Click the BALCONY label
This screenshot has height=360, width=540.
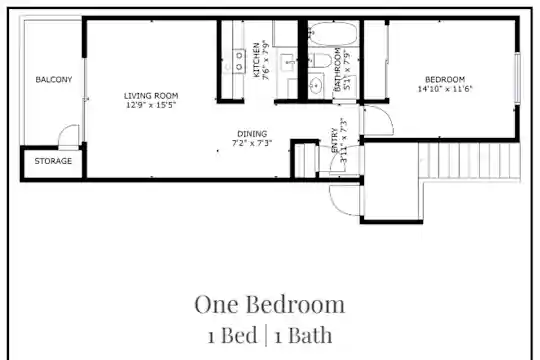(x=54, y=80)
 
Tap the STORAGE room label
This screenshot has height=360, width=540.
(x=53, y=161)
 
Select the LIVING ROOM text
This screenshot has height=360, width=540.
(x=151, y=96)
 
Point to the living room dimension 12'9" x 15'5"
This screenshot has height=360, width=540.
(x=151, y=105)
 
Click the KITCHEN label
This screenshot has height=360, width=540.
(x=257, y=60)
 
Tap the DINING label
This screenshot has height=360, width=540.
(x=252, y=134)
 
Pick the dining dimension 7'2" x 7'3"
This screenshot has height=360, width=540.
(x=252, y=143)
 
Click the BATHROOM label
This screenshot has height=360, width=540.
(x=338, y=69)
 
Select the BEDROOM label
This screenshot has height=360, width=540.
(x=445, y=80)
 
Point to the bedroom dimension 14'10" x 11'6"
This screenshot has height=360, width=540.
(x=445, y=89)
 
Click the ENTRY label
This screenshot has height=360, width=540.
(x=334, y=140)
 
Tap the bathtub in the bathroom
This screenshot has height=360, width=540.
(x=333, y=34)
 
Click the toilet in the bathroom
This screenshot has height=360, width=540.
(x=319, y=61)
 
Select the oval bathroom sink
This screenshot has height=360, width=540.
(x=315, y=84)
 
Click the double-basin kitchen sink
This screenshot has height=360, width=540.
(x=239, y=62)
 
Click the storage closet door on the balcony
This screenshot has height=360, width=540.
(x=69, y=136)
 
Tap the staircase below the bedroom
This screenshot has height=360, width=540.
(x=469, y=161)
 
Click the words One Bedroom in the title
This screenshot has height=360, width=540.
(x=269, y=305)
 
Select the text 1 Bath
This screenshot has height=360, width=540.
(x=303, y=335)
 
